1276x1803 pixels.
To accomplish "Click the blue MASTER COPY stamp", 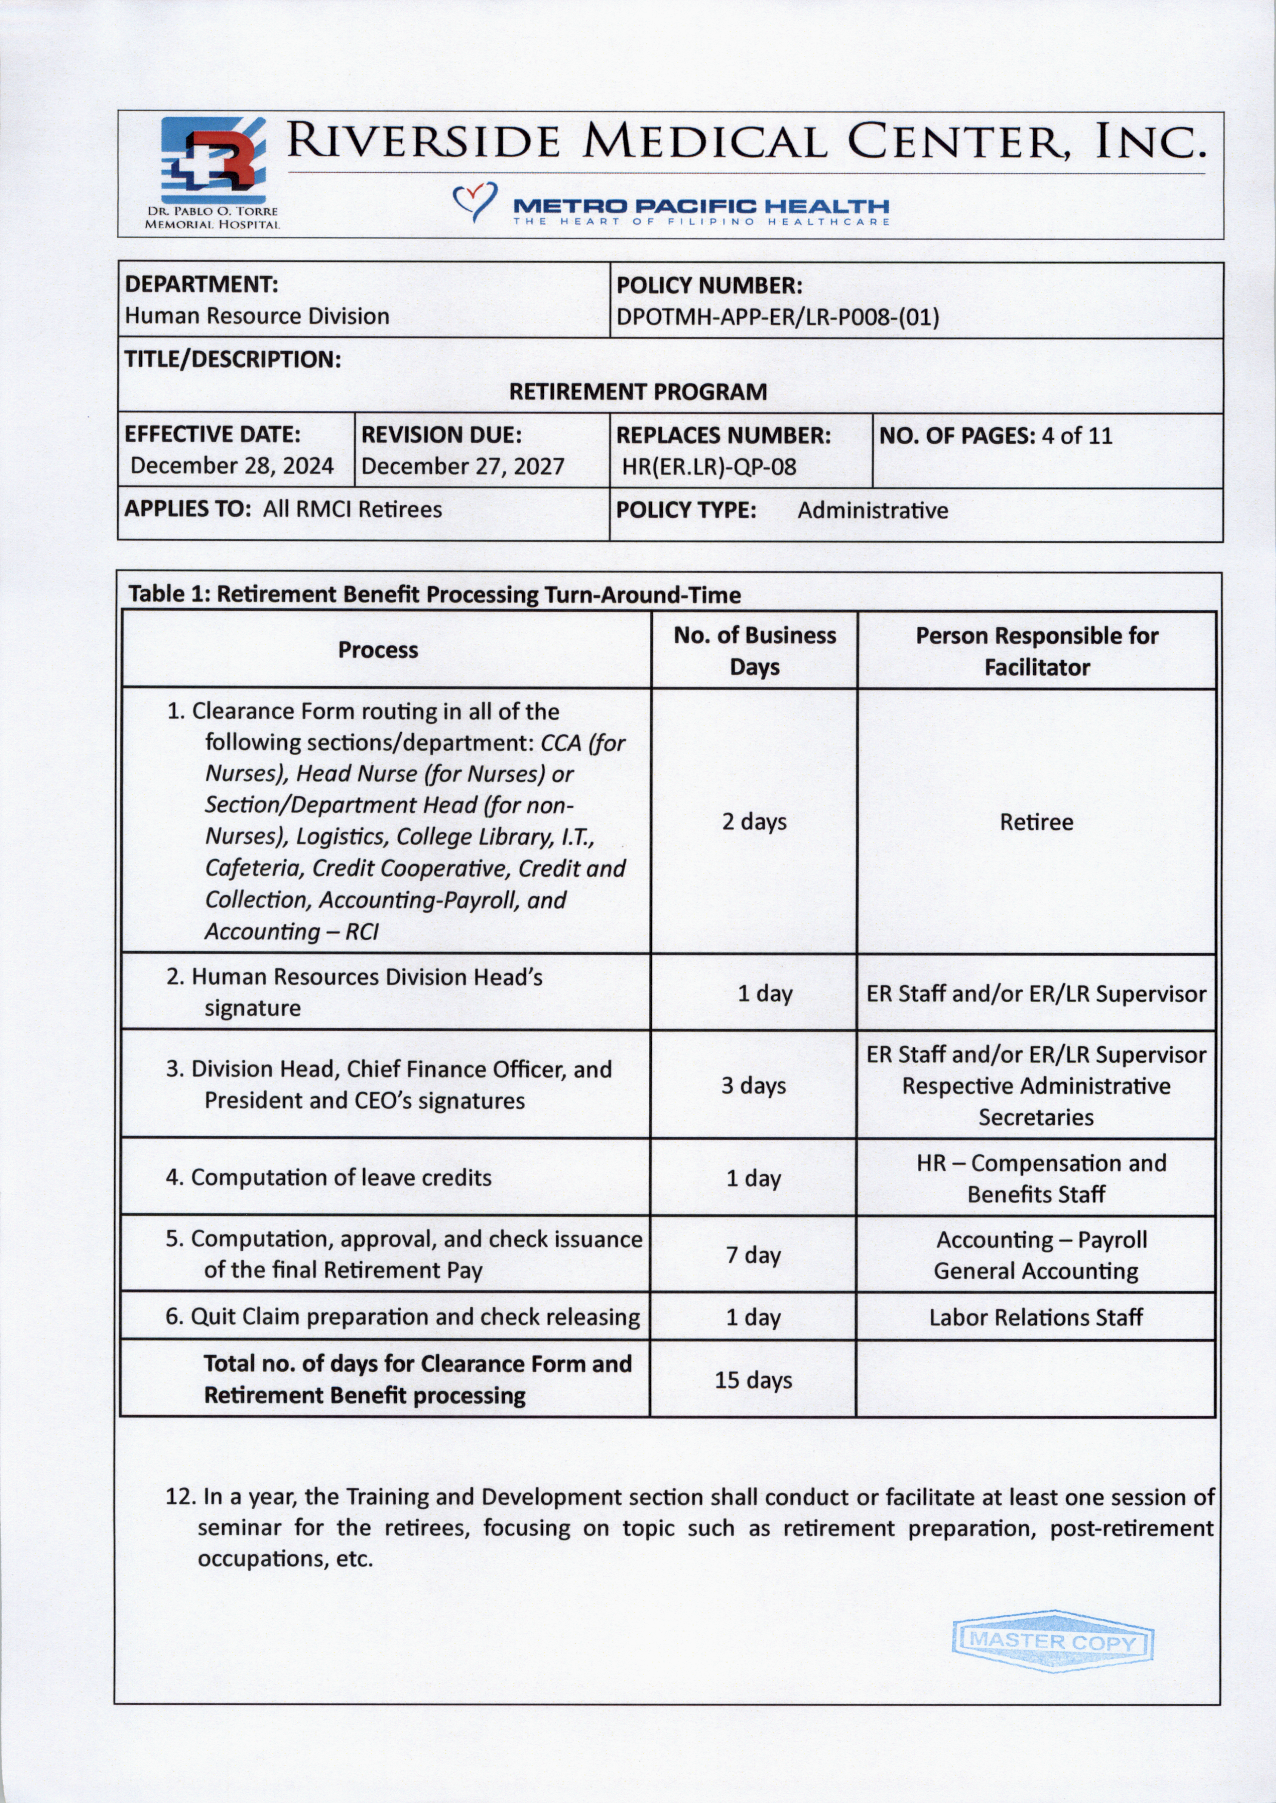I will tap(1052, 1641).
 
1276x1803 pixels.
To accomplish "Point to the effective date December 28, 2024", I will tap(232, 466).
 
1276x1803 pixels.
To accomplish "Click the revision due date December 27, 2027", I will tap(462, 466).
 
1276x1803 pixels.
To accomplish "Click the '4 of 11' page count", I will tap(1076, 436).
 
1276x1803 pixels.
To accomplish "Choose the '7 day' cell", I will tap(753, 1255).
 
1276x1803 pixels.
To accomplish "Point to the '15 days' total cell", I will tap(753, 1380).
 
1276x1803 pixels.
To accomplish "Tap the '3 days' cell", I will tap(753, 1085).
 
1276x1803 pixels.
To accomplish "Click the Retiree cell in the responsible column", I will tap(1036, 822).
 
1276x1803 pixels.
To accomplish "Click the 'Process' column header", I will tap(378, 650).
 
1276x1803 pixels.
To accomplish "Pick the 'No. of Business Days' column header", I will tap(754, 651).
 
